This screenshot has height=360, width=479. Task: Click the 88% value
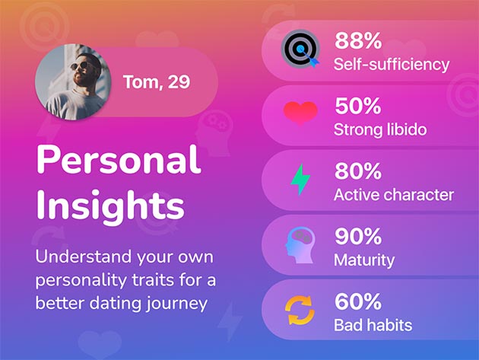coord(358,40)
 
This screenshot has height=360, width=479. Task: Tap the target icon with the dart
coord(300,49)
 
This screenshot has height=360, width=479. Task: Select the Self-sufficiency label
coord(392,65)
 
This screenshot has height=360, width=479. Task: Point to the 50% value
coord(358,106)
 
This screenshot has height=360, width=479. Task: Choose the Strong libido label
coord(380,129)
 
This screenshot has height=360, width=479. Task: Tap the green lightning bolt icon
coord(300,179)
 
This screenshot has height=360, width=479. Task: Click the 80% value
coord(358,171)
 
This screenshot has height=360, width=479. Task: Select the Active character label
coord(394,195)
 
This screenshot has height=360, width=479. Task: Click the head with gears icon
coord(300,244)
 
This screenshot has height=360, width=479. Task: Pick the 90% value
coord(358,236)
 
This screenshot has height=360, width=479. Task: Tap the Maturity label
coord(364,260)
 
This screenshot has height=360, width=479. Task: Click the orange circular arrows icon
coord(300,310)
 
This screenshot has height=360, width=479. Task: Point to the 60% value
coord(358,301)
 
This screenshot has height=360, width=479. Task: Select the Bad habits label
coord(373,325)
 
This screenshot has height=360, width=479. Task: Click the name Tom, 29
coord(157,82)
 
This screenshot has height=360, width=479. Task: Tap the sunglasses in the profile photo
coord(79,66)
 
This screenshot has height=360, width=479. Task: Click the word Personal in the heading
coord(119,160)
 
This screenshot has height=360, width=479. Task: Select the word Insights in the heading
coord(110,205)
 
